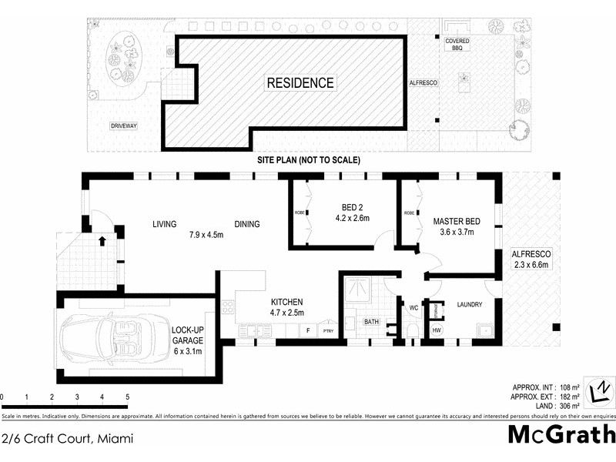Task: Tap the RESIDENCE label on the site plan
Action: click(300, 82)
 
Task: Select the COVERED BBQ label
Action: click(457, 44)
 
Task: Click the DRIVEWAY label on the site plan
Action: click(122, 126)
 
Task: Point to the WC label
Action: click(413, 308)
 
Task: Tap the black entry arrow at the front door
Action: click(102, 241)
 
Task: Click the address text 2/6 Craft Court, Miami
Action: click(68, 439)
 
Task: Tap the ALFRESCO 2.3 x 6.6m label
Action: click(532, 259)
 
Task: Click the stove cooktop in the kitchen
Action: click(228, 307)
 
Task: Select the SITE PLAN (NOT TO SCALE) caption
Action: click(308, 160)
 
